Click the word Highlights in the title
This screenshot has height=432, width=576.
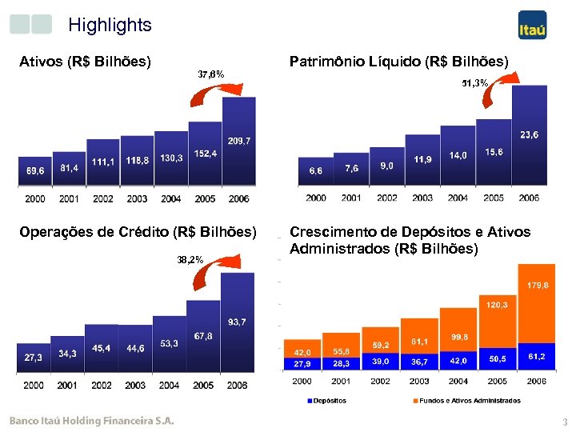pos(110,25)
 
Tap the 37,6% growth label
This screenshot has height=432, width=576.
pos(210,74)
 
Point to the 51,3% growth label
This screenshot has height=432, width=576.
pos(474,83)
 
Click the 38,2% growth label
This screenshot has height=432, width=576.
pos(190,259)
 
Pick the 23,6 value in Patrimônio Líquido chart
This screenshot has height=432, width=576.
pos(529,134)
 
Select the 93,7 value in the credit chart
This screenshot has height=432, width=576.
pos(237,322)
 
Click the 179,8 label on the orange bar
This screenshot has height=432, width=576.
pos(538,285)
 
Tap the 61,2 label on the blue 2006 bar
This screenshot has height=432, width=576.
pos(536,356)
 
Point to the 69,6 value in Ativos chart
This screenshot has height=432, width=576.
pos(35,171)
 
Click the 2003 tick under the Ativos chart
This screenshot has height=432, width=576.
pos(137,198)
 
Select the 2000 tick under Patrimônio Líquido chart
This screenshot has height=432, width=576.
pos(316,198)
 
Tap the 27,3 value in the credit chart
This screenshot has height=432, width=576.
pos(34,358)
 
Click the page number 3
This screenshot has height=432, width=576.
pos(564,422)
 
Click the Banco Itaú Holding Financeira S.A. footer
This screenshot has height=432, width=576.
pos(91,421)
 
